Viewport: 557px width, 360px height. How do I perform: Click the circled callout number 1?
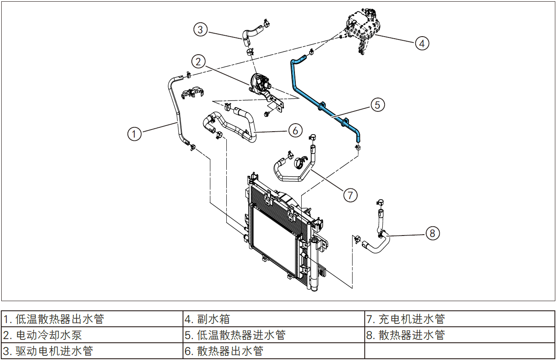click(x=135, y=134)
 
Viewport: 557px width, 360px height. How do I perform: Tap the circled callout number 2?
click(x=198, y=62)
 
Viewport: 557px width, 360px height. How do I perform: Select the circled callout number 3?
click(x=201, y=29)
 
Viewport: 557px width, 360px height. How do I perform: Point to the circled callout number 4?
click(x=422, y=43)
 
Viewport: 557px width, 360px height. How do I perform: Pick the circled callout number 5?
click(x=377, y=104)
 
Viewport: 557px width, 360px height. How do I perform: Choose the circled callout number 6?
click(x=295, y=130)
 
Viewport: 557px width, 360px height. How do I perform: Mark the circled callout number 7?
click(x=350, y=195)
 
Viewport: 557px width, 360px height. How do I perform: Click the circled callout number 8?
click(x=433, y=233)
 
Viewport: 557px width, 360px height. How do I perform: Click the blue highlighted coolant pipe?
click(x=294, y=80)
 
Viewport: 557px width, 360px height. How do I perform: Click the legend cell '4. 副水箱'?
click(x=273, y=319)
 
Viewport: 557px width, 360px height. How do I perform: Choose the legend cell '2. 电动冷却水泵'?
click(x=92, y=335)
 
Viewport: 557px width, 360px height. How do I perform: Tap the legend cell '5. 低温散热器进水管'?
click(x=273, y=335)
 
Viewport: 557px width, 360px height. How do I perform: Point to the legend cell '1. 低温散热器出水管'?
click(x=92, y=319)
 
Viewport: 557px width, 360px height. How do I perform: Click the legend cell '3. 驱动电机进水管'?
click(x=92, y=351)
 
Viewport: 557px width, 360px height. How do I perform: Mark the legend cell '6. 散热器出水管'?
click(x=273, y=351)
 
